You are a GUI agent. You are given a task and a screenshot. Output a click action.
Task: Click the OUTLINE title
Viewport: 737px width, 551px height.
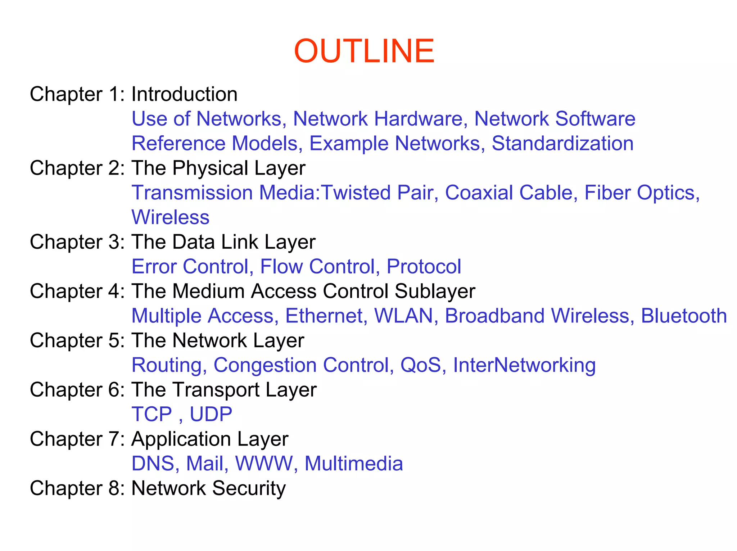click(364, 51)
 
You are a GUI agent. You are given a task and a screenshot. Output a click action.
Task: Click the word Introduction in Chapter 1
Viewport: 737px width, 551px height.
click(184, 94)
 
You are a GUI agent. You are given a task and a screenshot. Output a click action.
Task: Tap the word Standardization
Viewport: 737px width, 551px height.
click(562, 143)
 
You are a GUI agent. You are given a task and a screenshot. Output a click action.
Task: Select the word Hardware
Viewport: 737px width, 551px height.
click(418, 119)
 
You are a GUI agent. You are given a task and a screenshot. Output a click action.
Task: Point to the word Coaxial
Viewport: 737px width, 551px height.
click(479, 193)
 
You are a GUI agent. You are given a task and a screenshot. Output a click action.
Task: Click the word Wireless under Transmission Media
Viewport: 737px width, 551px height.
click(170, 217)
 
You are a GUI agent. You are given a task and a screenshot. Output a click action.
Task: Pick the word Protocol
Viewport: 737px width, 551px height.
click(424, 267)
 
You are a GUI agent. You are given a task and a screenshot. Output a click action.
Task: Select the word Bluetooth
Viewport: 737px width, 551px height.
click(684, 316)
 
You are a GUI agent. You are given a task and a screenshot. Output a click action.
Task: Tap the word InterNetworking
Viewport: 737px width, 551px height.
click(524, 365)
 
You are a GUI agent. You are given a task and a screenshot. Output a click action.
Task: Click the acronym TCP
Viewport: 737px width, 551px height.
click(152, 414)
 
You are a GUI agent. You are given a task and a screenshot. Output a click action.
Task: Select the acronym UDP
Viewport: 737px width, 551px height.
click(211, 414)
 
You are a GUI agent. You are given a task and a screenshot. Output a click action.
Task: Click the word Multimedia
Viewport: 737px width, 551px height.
click(353, 464)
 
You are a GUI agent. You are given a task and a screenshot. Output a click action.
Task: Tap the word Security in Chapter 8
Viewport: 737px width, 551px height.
click(249, 489)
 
